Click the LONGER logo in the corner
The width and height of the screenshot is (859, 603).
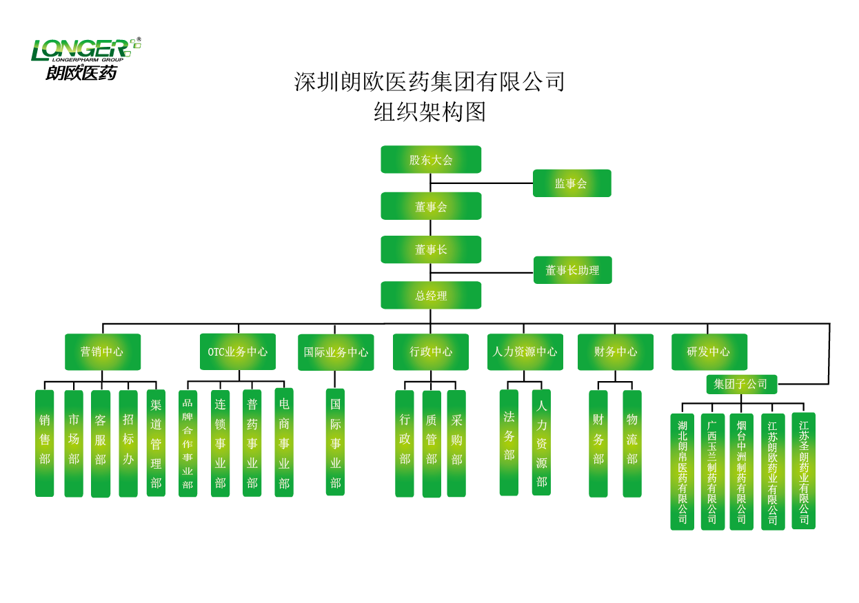point(85,59)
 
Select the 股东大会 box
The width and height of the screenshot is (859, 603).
point(431,159)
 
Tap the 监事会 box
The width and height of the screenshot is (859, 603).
point(572,183)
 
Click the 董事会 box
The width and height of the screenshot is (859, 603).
point(431,206)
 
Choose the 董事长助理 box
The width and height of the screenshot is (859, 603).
point(572,270)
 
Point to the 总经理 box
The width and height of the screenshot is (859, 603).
point(431,296)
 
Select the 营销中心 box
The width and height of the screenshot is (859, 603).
point(102,351)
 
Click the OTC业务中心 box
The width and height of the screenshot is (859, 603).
point(238,351)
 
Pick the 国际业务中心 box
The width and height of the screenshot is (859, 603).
point(336,352)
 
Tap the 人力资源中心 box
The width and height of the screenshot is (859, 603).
point(525,351)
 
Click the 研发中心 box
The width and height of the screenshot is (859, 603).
point(709,351)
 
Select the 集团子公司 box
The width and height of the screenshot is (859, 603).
point(741,384)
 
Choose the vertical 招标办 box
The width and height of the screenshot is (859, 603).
point(128,443)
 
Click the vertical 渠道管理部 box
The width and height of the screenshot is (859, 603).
point(156,443)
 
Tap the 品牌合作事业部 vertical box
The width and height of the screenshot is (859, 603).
point(188,443)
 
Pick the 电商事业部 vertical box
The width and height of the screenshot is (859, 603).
point(284,443)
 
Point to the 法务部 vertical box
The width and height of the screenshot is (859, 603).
point(509,442)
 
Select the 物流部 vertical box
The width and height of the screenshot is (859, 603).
point(632,443)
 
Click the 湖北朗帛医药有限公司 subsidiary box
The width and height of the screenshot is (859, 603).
point(682,471)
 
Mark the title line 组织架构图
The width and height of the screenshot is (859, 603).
point(429,112)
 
